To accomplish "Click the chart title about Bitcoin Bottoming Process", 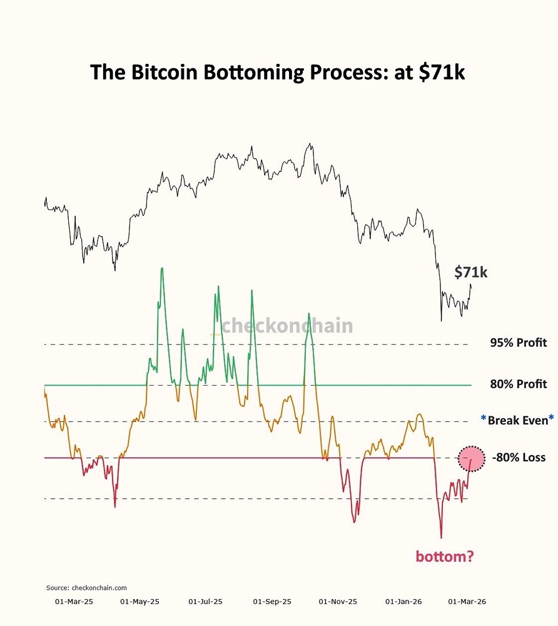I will coord(278,72).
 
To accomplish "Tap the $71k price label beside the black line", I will coord(470,272).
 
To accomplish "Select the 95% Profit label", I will coord(518,343).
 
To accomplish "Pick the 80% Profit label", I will coord(518,384).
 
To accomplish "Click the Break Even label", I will coord(517,420).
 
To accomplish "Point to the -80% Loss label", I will coord(519,458).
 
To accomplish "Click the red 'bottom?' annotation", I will coord(445,555).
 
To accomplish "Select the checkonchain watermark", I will coord(287,326).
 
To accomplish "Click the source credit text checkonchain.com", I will coord(86,588).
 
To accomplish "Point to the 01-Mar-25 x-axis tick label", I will coord(74,602).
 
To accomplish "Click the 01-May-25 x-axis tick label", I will coord(139,602).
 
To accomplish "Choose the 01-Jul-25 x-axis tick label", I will coord(205,602).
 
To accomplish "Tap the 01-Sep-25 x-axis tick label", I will coord(272,602).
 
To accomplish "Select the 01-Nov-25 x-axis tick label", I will coord(338,602).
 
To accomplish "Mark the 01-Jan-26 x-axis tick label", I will coord(403,602).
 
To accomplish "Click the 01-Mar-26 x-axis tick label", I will coord(467,602).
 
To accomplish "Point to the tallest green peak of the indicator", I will coord(162,269).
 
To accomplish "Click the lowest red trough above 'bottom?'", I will coord(441,537).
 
